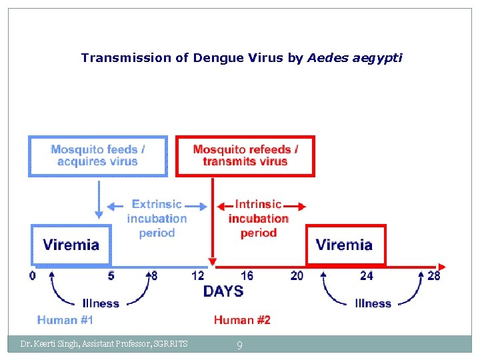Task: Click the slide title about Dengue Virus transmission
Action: click(x=241, y=58)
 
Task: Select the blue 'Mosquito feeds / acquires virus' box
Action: click(x=97, y=156)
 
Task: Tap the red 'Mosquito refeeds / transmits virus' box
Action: click(x=245, y=156)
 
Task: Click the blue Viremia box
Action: click(x=71, y=245)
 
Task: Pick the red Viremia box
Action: click(x=345, y=245)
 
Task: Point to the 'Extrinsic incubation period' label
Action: click(x=157, y=218)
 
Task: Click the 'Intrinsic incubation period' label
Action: click(x=259, y=218)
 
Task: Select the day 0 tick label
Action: click(x=33, y=275)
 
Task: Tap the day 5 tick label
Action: click(x=111, y=275)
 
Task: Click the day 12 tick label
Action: click(x=198, y=275)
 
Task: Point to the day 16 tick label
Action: click(x=247, y=275)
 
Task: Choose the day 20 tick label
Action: click(x=297, y=275)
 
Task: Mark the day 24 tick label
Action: click(x=366, y=275)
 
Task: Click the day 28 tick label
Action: click(x=433, y=275)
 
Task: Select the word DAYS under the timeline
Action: click(x=223, y=291)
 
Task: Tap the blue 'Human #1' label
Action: click(x=65, y=320)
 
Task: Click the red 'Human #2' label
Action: click(x=242, y=320)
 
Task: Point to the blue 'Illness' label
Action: click(x=101, y=303)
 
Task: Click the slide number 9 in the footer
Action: click(x=240, y=345)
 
